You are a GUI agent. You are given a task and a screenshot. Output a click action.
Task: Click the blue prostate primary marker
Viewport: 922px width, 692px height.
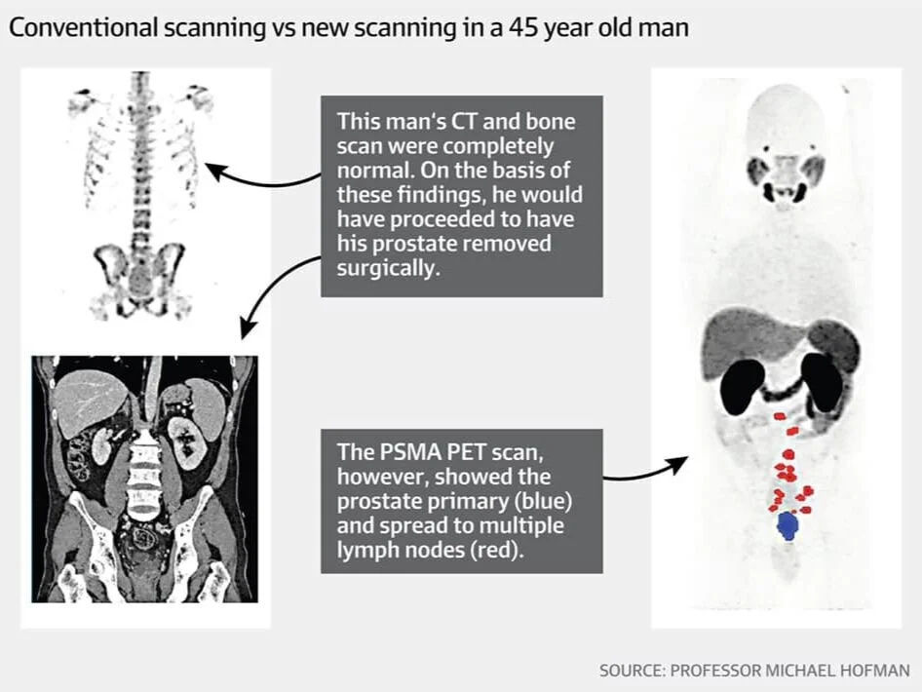(x=787, y=526)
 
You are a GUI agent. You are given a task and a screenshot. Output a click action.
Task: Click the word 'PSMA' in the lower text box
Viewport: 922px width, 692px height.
(x=403, y=452)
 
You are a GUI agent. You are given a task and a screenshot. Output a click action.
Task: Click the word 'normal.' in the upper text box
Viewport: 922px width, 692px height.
(x=371, y=171)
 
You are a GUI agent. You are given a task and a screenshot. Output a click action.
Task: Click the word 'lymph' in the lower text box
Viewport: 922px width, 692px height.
(x=366, y=552)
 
